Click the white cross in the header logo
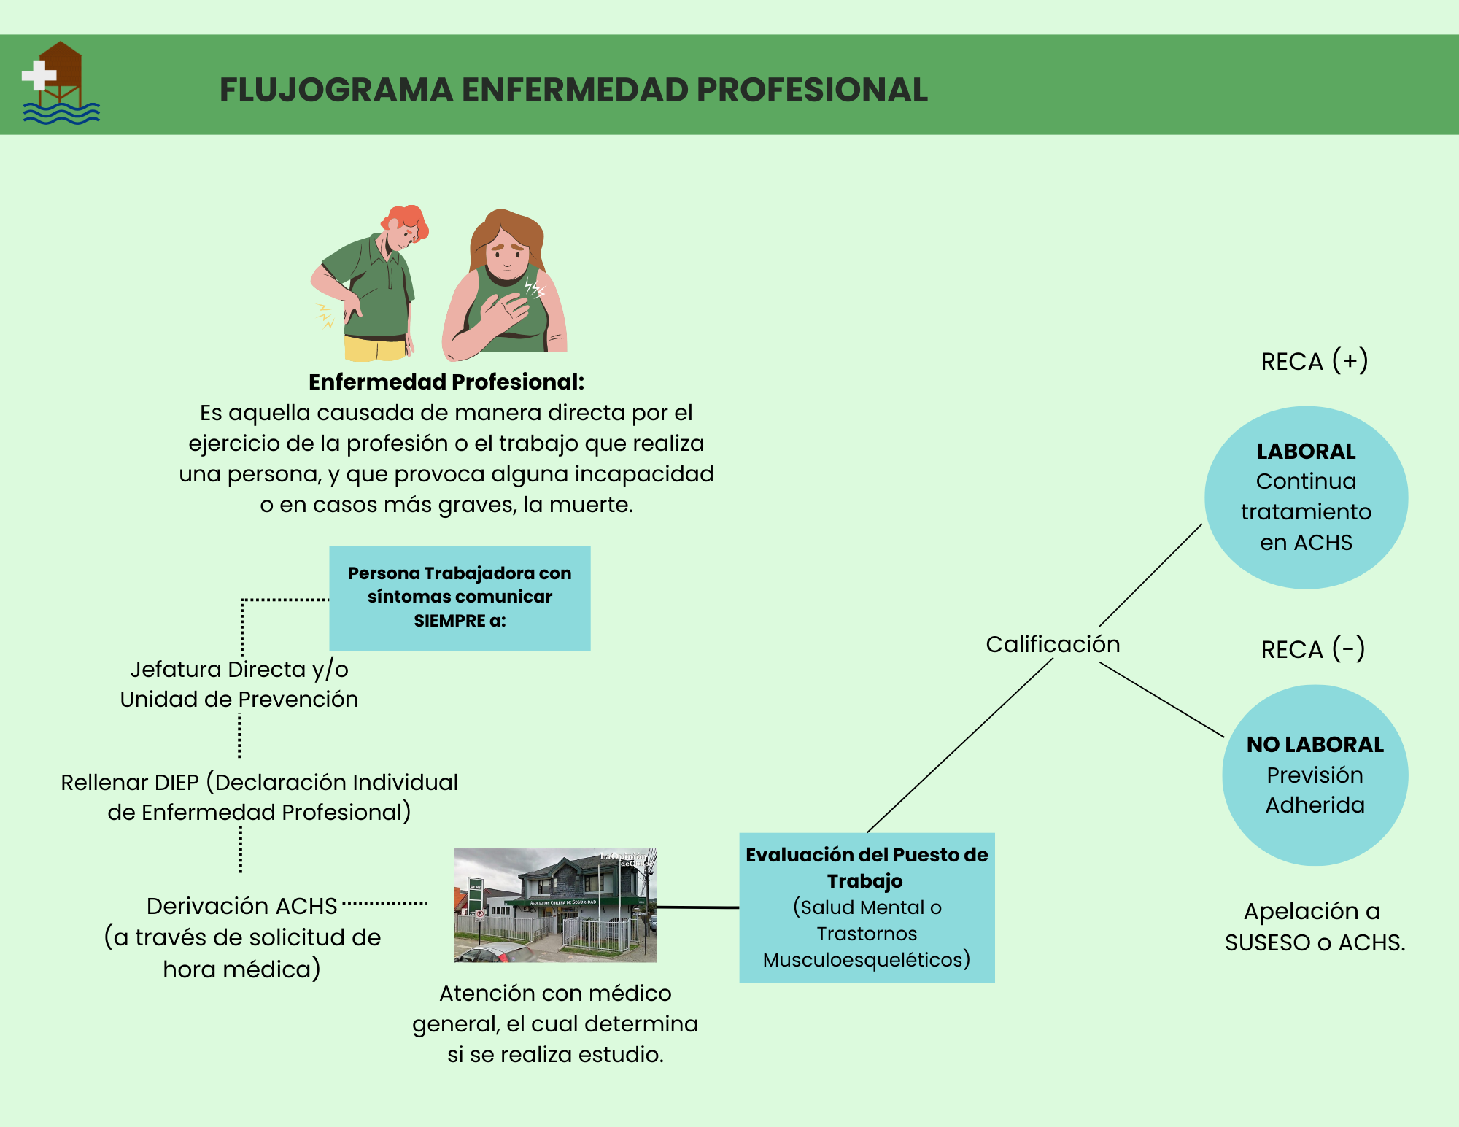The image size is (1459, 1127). tap(39, 75)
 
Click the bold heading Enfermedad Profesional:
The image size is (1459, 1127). tap(446, 382)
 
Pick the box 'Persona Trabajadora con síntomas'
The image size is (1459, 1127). tap(460, 597)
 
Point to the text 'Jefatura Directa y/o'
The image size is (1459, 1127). tap(239, 669)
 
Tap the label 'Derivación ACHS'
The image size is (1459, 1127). tap(241, 906)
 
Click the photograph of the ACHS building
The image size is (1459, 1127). tap(554, 905)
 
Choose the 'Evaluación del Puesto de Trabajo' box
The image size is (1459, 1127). tap(867, 907)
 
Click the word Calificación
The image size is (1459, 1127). tap(1053, 644)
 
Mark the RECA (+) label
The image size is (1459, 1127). tap(1314, 361)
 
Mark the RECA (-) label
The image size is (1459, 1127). tap(1312, 649)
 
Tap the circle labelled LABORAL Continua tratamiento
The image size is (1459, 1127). tap(1306, 497)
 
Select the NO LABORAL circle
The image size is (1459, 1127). tap(1315, 775)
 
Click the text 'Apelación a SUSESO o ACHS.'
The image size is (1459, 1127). tap(1315, 926)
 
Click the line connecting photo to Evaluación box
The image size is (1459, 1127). tap(697, 907)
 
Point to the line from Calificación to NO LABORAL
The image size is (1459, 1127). tap(1161, 700)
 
